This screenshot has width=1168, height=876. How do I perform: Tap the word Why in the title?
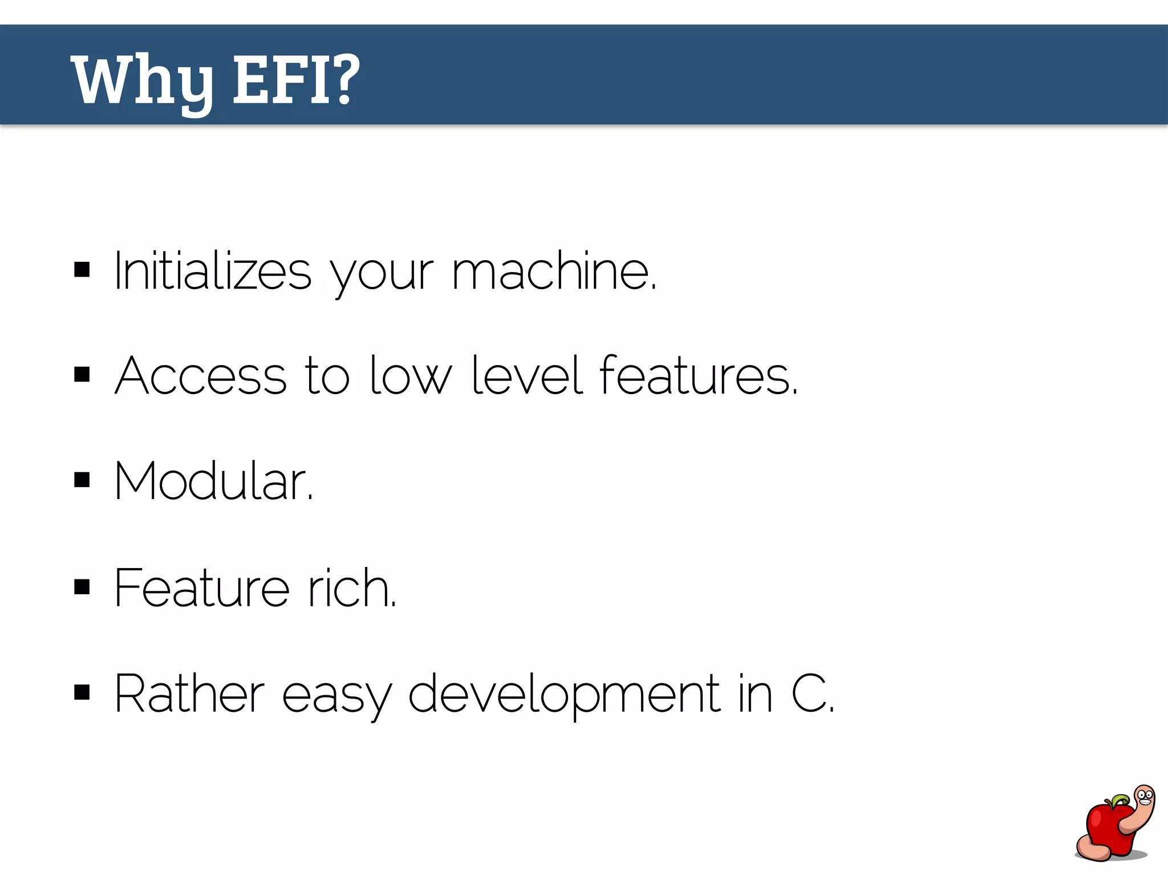pos(143,81)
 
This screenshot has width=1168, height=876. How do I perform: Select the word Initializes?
pos(213,271)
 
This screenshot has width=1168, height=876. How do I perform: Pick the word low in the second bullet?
pos(410,376)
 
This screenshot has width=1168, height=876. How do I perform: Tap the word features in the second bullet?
pos(698,376)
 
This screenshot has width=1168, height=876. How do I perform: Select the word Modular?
pos(213,482)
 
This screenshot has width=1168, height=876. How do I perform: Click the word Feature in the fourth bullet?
pos(201,588)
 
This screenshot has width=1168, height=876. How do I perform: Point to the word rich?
pos(351,588)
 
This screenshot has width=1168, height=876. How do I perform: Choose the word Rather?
pos(189,694)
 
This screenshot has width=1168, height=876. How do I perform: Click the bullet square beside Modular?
pos(82,480)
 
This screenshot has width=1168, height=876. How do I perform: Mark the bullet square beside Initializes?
pos(82,269)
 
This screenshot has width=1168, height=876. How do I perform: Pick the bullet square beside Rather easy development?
pos(82,692)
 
